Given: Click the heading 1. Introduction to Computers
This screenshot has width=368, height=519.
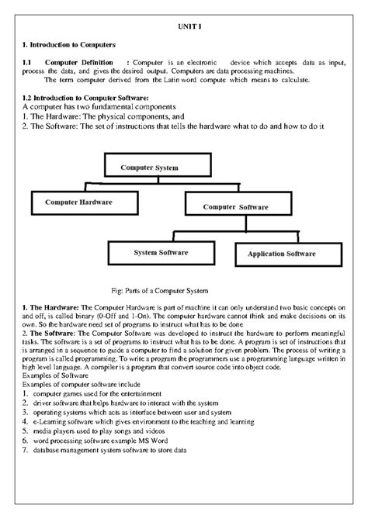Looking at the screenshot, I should pos(69,45).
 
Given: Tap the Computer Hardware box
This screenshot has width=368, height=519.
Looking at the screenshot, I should pos(79,202).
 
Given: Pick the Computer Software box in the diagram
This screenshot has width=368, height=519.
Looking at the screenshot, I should pos(235,206).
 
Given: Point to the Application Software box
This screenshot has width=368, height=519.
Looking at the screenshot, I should pos(281,254).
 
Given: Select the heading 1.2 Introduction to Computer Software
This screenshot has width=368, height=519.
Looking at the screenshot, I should pos(85,97).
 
